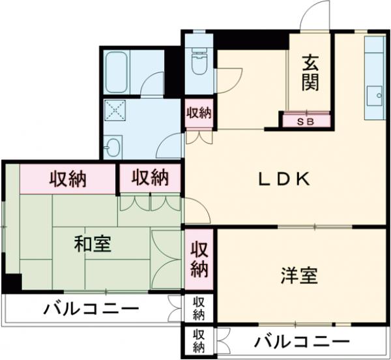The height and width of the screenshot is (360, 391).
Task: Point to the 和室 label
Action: pos(92,244)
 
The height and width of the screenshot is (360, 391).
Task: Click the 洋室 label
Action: pos(300,276)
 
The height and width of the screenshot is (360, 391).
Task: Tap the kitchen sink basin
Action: pos(375,97)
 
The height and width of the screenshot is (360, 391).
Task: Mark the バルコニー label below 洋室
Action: pos(302,341)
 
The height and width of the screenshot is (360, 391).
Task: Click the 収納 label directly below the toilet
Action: pos(199,112)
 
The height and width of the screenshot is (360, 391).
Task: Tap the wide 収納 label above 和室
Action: pos(69,177)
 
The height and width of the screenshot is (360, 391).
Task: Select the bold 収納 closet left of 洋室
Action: pos(199,258)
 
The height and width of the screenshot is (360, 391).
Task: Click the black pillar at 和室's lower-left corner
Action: pos(11,282)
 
